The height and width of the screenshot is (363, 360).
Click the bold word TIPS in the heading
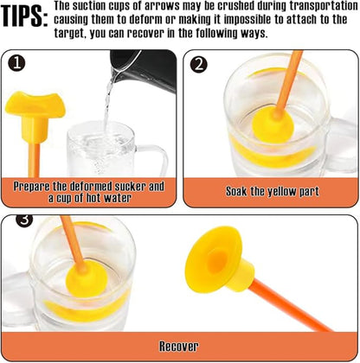24,16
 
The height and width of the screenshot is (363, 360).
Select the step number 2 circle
199,65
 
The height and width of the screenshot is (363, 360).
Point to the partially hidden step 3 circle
24,220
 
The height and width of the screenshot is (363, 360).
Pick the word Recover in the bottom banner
179,346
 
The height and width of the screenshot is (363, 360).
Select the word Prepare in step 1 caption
32,187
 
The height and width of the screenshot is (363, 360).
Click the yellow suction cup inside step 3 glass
87,279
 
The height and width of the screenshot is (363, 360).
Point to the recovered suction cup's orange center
216,261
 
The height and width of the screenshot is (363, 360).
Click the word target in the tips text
69,34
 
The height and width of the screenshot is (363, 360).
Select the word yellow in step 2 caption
280,192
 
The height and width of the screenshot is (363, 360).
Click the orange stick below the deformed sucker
34,159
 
